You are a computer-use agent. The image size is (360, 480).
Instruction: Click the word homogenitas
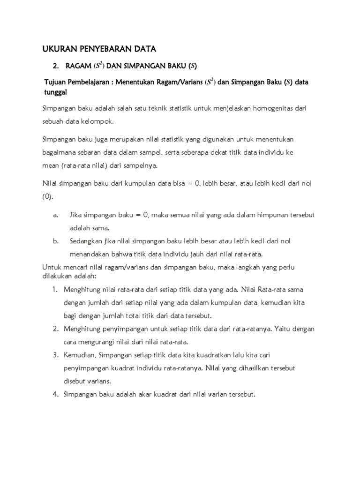278,108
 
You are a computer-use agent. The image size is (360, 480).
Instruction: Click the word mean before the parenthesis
51,165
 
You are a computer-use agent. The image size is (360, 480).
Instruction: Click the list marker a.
55,215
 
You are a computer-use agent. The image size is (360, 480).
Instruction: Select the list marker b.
55,241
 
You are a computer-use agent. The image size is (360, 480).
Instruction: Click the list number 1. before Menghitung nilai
55,290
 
